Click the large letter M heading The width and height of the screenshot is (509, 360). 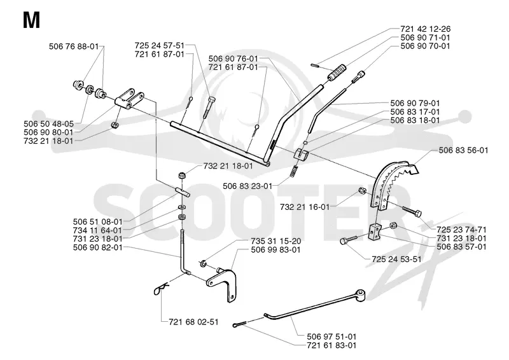pyautogui.click(x=31, y=20)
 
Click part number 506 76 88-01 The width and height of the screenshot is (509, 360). pyautogui.click(x=74, y=46)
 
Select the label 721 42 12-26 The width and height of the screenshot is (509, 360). pyautogui.click(x=425, y=29)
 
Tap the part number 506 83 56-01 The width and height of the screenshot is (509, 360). pyautogui.click(x=463, y=150)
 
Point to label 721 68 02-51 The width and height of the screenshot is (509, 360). pyautogui.click(x=193, y=322)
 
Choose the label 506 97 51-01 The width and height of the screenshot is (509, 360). pyautogui.click(x=331, y=336)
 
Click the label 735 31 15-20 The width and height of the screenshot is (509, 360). pyautogui.click(x=275, y=241)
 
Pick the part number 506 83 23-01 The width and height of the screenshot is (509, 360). pyautogui.click(x=248, y=186)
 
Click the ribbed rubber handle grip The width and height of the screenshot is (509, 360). pyautogui.click(x=337, y=73)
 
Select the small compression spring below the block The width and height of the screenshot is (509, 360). pyautogui.click(x=294, y=170)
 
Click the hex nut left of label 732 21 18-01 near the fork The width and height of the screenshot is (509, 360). pyautogui.click(x=115, y=125)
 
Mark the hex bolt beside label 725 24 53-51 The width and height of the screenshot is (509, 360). pyautogui.click(x=348, y=240)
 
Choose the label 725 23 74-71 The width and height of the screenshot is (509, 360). pyautogui.click(x=462, y=230)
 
